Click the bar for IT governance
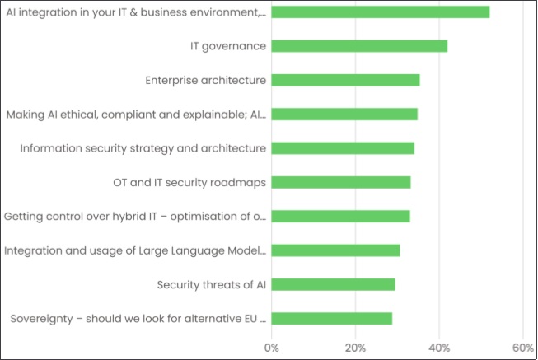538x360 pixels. [x=358, y=46]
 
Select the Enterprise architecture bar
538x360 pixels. [x=345, y=80]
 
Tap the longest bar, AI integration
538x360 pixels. [x=380, y=12]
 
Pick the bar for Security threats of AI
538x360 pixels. [x=333, y=284]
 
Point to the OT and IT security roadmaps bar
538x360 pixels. [x=340, y=182]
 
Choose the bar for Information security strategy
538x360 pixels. [x=342, y=148]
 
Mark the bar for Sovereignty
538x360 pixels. [x=331, y=318]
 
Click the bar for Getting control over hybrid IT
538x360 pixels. [x=340, y=217]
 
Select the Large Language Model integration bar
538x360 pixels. [x=335, y=250]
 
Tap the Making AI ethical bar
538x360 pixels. [x=344, y=114]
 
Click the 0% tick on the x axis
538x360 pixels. [x=271, y=348]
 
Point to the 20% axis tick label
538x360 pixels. [x=355, y=348]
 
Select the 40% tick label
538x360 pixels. [x=439, y=348]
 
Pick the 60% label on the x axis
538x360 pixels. [x=523, y=348]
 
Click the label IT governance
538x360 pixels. [x=228, y=46]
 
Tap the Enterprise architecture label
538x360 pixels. [x=205, y=80]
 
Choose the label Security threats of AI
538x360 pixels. [x=212, y=284]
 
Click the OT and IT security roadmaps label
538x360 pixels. [x=189, y=182]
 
